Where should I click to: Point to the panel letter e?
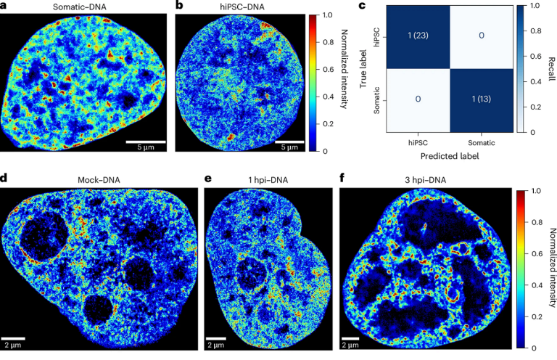pyautogui.click(x=208, y=176)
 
